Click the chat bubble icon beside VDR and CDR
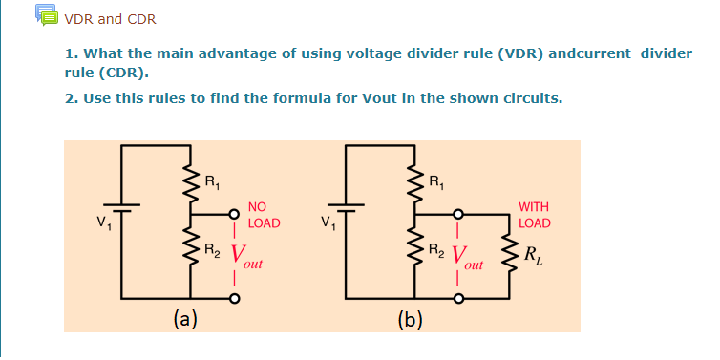click(x=45, y=16)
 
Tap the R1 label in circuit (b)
click(x=435, y=180)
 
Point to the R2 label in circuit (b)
click(x=435, y=252)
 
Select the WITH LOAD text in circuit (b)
click(x=534, y=215)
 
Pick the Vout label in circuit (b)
click(x=465, y=256)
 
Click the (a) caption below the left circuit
click(x=185, y=320)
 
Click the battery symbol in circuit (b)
click(x=347, y=207)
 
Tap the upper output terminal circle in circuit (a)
click(x=232, y=215)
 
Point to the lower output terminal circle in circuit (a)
click(x=232, y=300)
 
